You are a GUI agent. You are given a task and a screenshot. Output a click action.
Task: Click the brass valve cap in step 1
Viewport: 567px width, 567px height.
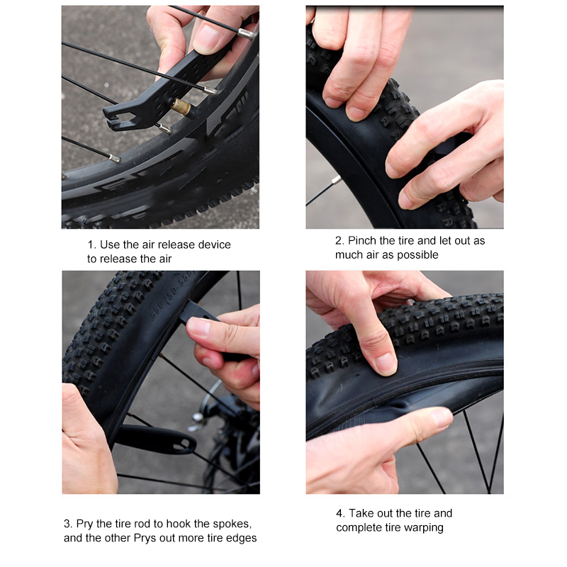tap(181, 107)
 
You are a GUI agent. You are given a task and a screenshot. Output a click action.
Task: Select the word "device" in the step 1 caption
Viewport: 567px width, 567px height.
tap(215, 245)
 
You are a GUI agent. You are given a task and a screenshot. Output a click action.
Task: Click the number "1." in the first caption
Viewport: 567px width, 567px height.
tap(92, 245)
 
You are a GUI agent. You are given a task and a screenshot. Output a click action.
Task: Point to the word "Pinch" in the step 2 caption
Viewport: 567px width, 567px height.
tap(362, 240)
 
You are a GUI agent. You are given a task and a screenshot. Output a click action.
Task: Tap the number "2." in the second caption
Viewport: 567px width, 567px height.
tap(339, 240)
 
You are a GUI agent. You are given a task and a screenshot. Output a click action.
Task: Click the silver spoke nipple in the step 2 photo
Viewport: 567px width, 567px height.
tap(336, 179)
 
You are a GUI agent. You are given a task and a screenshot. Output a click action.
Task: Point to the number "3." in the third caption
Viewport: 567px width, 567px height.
tap(68, 524)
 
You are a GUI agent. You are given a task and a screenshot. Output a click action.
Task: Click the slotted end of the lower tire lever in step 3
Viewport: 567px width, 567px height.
tap(184, 443)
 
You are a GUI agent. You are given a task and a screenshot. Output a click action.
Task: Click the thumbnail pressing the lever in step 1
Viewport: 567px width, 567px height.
tap(206, 39)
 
